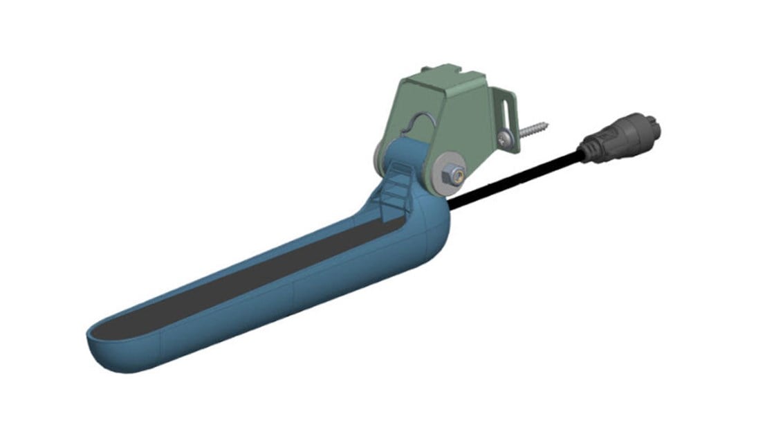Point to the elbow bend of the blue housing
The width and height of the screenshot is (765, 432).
[x=429, y=228]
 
